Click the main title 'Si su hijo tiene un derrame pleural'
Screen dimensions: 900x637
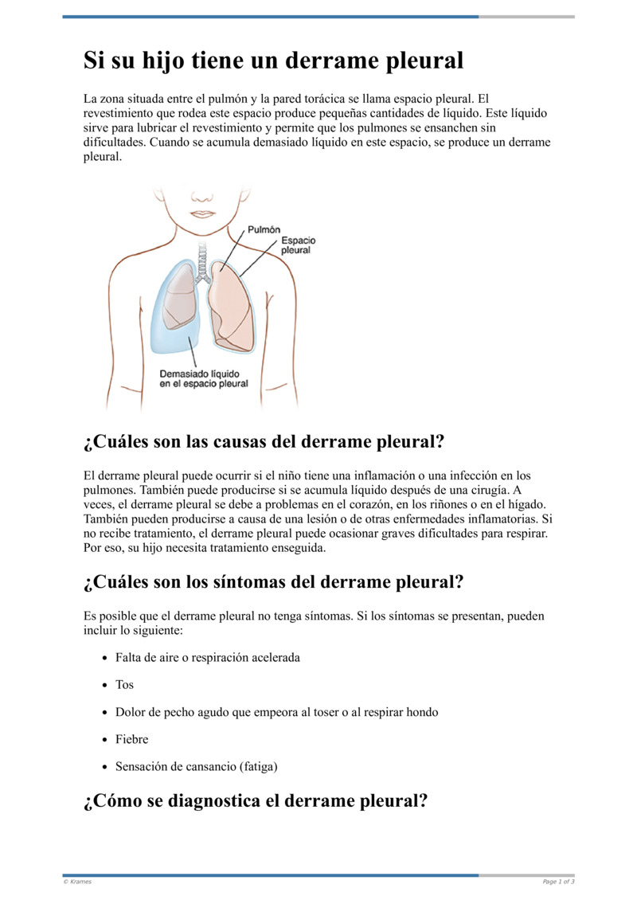273,61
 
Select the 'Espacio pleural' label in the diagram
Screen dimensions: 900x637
299,245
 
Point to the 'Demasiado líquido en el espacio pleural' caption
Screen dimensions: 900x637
203,378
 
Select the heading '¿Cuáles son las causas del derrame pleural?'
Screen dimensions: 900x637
263,442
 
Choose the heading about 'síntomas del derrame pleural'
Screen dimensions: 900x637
273,582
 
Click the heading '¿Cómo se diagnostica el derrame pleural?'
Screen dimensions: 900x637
255,801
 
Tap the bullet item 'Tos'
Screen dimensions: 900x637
124,685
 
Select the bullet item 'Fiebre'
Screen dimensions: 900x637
131,740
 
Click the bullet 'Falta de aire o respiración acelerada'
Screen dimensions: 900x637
207,658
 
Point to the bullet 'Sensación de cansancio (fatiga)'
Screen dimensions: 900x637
197,767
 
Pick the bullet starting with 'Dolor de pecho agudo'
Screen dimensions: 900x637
276,712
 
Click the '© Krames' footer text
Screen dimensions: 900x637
77,882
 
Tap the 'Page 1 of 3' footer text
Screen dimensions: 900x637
558,882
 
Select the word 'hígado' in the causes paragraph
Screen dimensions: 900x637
526,504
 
